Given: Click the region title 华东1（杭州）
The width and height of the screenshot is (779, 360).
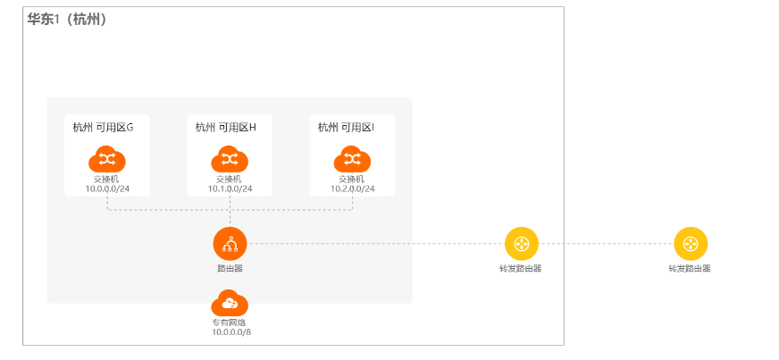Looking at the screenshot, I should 67,19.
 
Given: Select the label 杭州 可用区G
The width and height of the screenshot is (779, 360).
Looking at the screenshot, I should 103,127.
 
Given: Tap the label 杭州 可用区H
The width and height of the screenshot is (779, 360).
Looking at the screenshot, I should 225,127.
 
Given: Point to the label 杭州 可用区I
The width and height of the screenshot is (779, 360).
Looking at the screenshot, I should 346,127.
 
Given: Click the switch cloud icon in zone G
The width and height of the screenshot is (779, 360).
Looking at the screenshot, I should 107,159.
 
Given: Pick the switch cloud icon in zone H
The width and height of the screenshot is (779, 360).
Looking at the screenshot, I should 230,159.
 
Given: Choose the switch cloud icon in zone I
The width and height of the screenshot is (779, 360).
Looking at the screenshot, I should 352,159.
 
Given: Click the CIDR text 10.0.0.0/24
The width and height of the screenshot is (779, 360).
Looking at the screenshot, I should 107,188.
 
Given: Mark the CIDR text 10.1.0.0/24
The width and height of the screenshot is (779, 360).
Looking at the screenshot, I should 230,188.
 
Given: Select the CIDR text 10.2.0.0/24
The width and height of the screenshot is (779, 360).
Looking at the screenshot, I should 352,188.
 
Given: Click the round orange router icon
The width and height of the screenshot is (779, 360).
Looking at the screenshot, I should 230,243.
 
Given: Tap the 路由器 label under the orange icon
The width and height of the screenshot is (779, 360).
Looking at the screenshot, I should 230,267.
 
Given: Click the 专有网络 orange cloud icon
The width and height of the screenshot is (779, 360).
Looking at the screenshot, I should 230,304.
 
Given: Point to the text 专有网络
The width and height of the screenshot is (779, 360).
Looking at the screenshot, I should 230,322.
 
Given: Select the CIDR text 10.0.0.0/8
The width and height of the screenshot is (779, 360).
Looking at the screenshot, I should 230,332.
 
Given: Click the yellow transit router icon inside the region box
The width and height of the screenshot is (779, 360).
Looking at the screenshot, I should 521,243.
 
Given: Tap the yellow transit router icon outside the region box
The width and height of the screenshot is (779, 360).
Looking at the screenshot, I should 690,243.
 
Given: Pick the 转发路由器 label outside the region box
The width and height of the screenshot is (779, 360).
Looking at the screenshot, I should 690,268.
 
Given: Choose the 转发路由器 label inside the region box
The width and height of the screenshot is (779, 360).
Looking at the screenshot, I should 521,268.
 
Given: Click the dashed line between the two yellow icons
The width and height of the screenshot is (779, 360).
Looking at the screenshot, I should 606,243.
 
